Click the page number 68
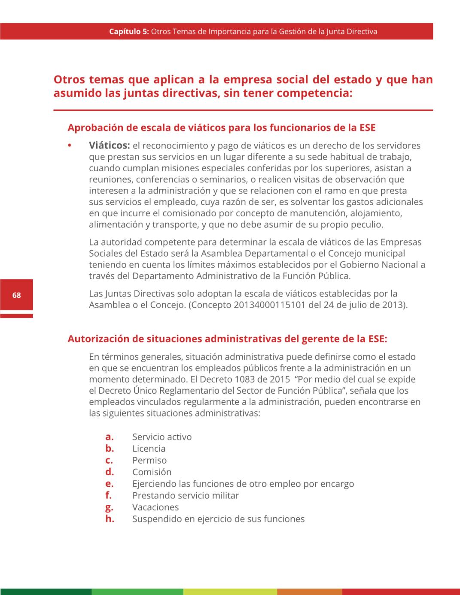tap(16, 295)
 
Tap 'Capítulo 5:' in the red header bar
tap(129, 31)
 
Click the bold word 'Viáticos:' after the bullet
tap(109, 146)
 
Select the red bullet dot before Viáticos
tap(70, 146)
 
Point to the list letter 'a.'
tap(110, 437)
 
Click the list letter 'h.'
tap(110, 519)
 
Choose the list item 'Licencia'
tap(149, 449)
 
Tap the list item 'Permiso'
tap(149, 460)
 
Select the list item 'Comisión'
tap(152, 472)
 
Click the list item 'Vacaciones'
tap(155, 507)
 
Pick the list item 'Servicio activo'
tap(161, 437)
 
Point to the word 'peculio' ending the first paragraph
tap(366, 225)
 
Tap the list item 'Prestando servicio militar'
tap(185, 495)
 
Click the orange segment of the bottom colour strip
tap(309, 592)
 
